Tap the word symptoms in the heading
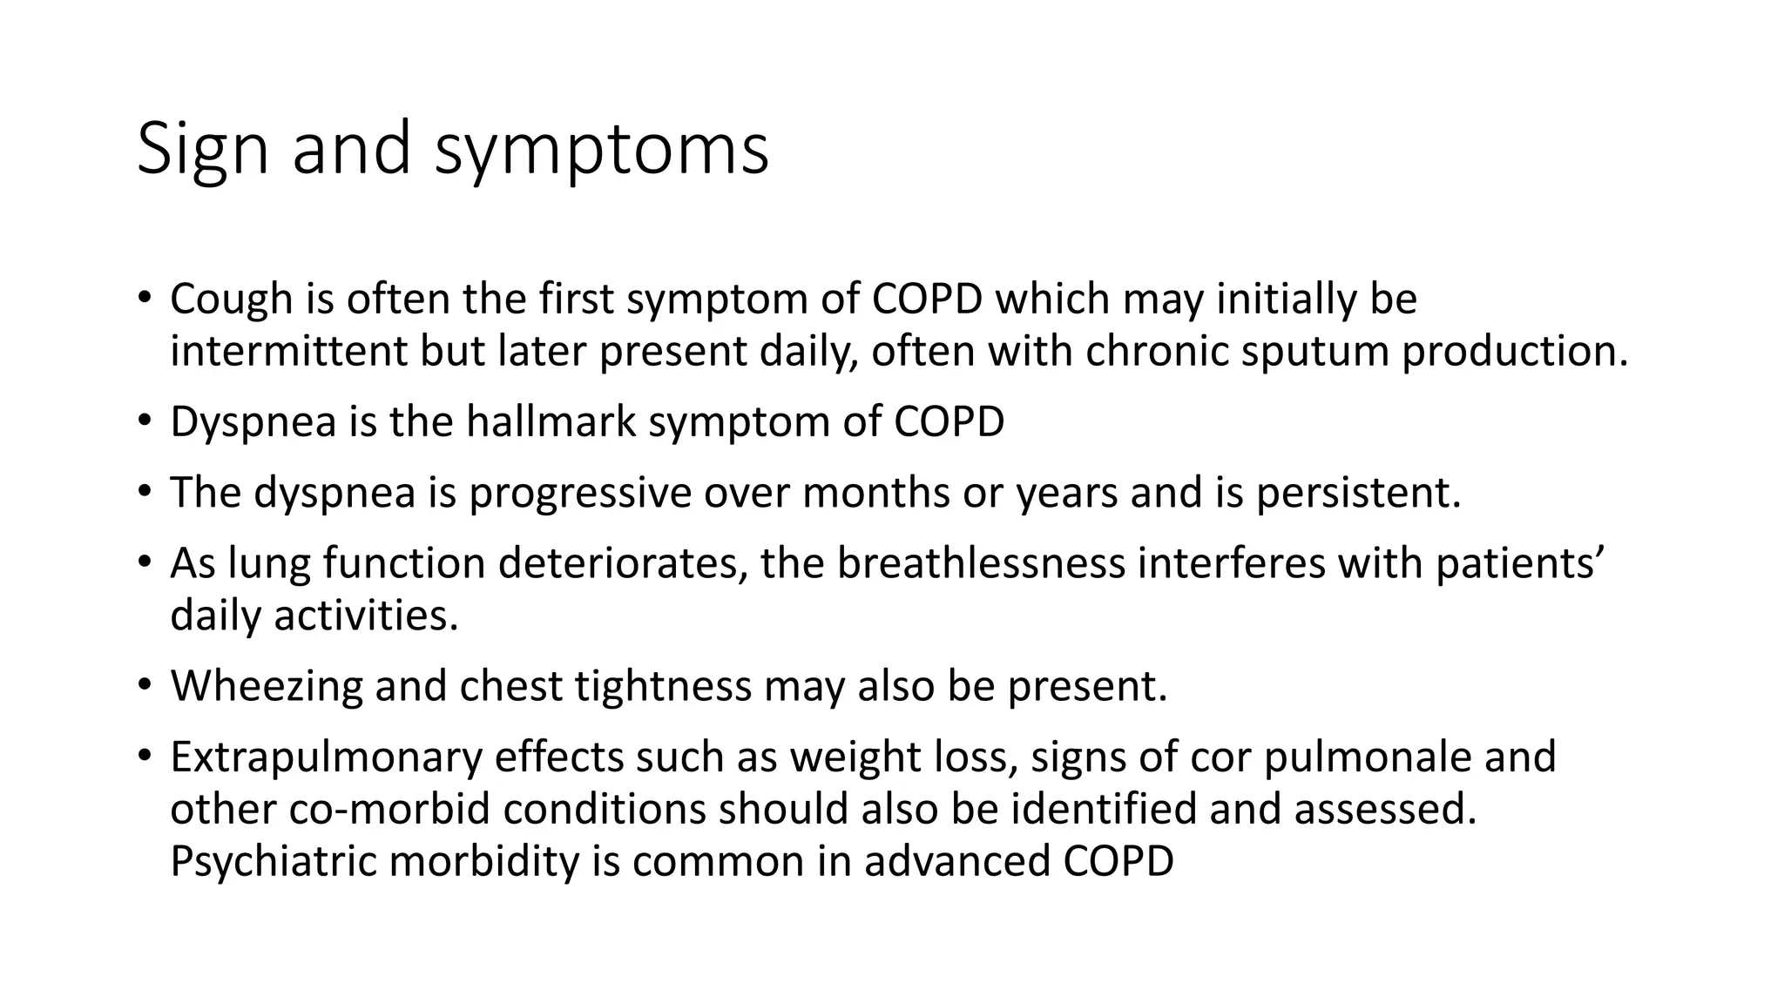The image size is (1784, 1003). click(x=601, y=150)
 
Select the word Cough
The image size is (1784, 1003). click(x=231, y=300)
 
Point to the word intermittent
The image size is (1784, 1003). click(x=288, y=352)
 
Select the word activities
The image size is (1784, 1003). click(x=366, y=616)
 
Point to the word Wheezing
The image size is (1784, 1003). click(x=267, y=686)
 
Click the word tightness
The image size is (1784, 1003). click(x=662, y=686)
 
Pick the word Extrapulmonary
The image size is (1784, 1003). click(x=326, y=757)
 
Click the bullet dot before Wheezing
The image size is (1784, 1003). click(x=144, y=684)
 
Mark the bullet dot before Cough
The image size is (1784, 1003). click(x=144, y=298)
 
